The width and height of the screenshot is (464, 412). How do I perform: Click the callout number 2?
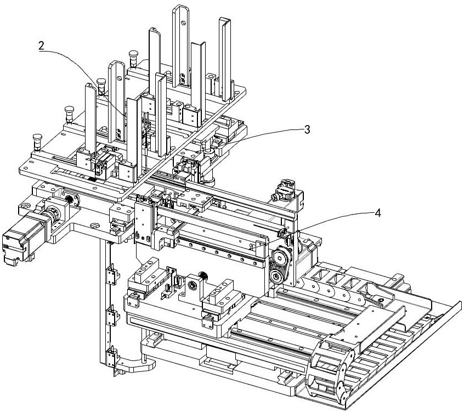(41, 46)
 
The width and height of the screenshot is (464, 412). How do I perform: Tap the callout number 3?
(307, 129)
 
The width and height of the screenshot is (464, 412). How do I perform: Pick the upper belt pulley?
(281, 256)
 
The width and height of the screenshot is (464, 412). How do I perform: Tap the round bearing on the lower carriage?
(194, 285)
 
